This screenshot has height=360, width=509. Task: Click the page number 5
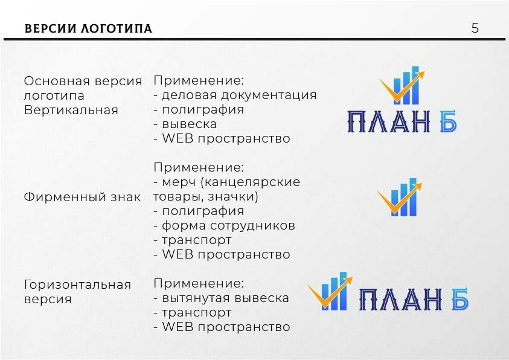tap(475, 28)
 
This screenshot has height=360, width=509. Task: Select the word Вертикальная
tap(71, 110)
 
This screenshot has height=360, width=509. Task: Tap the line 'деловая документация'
tap(239, 95)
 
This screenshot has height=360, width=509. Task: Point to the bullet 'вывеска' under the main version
tap(189, 124)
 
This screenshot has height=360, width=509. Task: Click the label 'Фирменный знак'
tap(83, 197)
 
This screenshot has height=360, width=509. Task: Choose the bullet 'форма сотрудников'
tap(228, 225)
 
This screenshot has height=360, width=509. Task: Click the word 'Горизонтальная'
tap(77, 284)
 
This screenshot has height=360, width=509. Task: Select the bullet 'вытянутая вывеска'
tap(225, 298)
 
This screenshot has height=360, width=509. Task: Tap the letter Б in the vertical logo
tap(448, 121)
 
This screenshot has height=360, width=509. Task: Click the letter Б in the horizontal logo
tap(460, 298)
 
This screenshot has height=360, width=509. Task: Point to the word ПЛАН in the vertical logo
tap(389, 121)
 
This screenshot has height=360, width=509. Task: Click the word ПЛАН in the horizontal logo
tap(400, 299)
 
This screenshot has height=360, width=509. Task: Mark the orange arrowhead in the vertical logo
tap(420, 75)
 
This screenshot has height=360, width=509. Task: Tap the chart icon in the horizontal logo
tap(330, 291)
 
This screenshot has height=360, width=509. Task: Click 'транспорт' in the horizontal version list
tap(197, 312)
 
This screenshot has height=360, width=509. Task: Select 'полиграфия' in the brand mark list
tap(203, 211)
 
